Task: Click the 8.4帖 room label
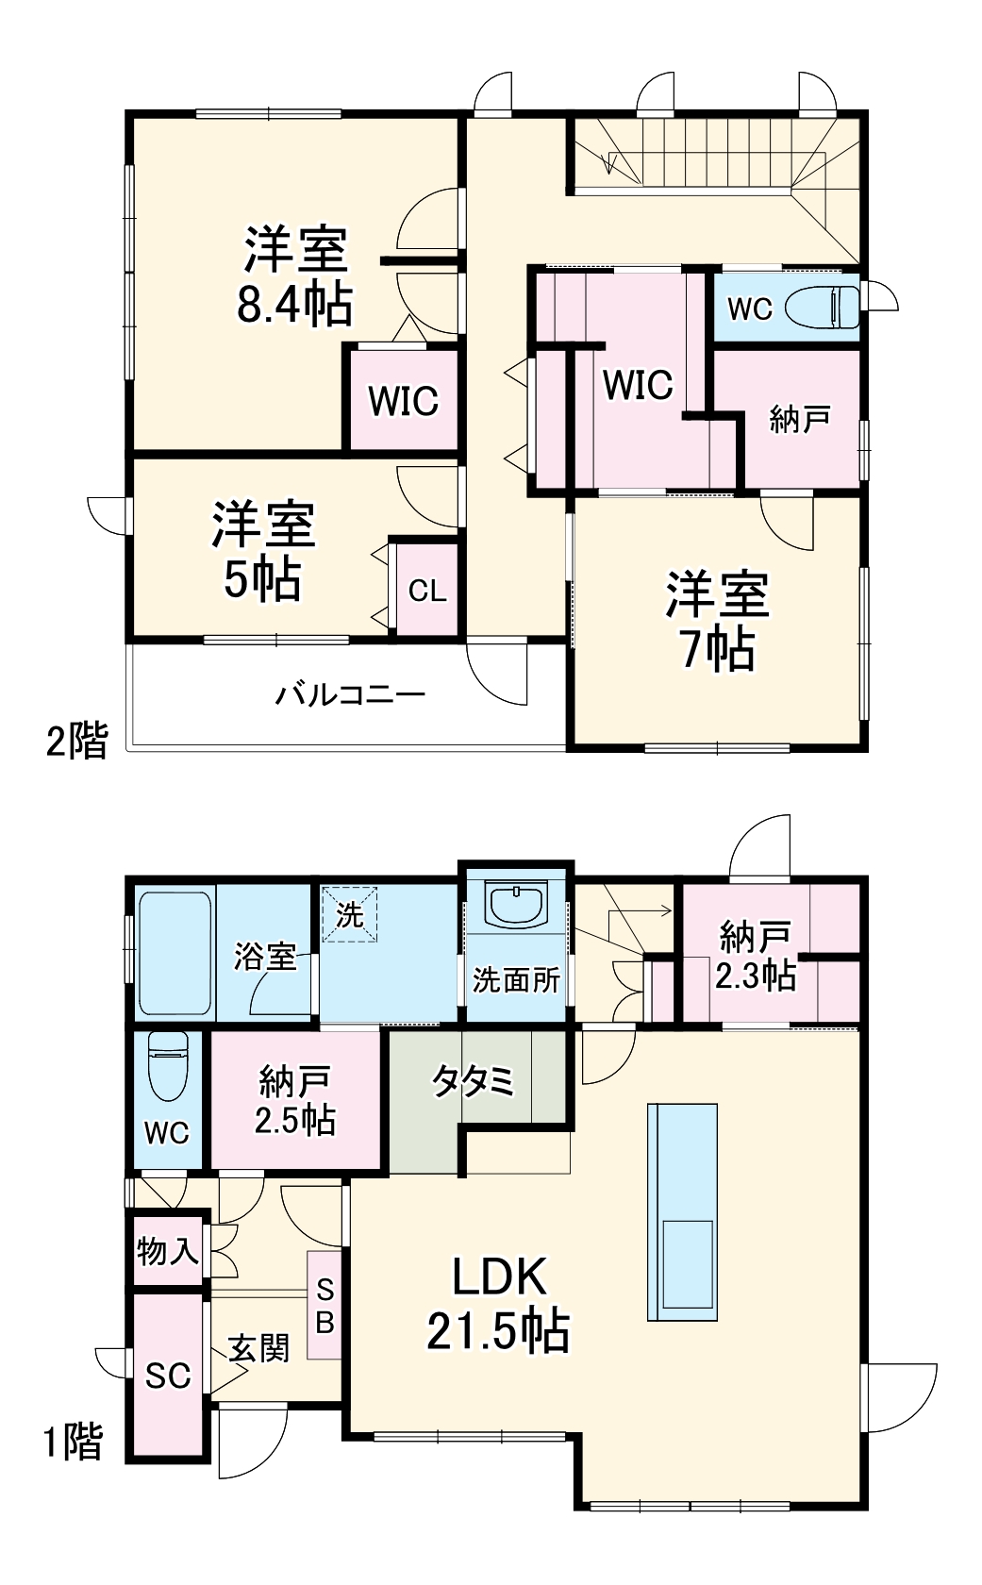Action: (295, 276)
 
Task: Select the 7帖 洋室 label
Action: (718, 621)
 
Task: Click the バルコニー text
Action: (350, 696)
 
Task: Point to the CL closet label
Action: (427, 592)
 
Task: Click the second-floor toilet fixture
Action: (822, 307)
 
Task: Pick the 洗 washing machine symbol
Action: (350, 914)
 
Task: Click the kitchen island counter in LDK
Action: (682, 1211)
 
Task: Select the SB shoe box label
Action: (324, 1306)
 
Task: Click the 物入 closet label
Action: (168, 1252)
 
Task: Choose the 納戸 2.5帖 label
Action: (296, 1102)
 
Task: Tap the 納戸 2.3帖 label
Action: (755, 956)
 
